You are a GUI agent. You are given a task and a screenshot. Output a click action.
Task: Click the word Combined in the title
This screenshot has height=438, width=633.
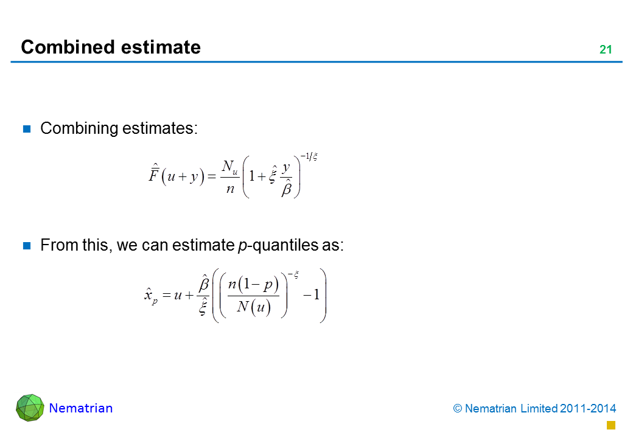click(x=68, y=47)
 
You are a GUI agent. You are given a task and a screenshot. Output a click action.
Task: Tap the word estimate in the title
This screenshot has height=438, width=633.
click(x=161, y=47)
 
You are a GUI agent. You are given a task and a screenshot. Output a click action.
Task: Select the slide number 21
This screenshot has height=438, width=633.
click(x=606, y=50)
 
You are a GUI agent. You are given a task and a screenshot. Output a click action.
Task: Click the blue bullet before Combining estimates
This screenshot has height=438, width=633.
click(x=27, y=128)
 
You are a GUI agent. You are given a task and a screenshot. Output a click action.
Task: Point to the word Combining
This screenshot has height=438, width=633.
click(x=79, y=128)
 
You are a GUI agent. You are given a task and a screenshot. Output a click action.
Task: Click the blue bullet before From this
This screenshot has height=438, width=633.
click(x=27, y=246)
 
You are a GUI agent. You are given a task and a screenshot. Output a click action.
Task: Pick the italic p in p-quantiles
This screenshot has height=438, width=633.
click(x=242, y=246)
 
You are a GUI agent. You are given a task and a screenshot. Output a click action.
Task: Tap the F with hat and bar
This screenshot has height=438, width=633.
click(x=154, y=173)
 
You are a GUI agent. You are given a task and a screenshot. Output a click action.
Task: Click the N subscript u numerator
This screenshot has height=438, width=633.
click(x=229, y=167)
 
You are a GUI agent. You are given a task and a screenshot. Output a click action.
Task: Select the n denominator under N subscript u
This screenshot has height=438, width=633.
click(x=230, y=189)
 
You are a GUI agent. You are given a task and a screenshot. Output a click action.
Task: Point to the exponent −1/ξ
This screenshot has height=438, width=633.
click(x=309, y=156)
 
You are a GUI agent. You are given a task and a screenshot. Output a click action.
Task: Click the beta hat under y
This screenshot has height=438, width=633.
click(x=287, y=187)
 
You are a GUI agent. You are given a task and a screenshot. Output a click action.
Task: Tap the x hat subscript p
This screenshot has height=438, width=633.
click(x=150, y=296)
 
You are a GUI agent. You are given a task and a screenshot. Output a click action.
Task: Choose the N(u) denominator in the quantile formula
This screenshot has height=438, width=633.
click(x=254, y=307)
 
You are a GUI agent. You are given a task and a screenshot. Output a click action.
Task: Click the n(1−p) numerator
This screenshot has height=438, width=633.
click(x=253, y=284)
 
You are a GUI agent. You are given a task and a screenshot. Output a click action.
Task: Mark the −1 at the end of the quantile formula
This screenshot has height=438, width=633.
click(x=311, y=295)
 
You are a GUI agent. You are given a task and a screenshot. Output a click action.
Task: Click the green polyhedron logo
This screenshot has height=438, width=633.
click(x=30, y=408)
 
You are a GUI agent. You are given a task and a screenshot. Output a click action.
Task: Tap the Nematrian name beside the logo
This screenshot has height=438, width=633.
click(x=81, y=408)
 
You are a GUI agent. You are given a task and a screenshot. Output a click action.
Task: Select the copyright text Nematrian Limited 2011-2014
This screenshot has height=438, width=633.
click(x=540, y=409)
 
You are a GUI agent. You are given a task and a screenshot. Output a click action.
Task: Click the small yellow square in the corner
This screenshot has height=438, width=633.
click(x=611, y=425)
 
